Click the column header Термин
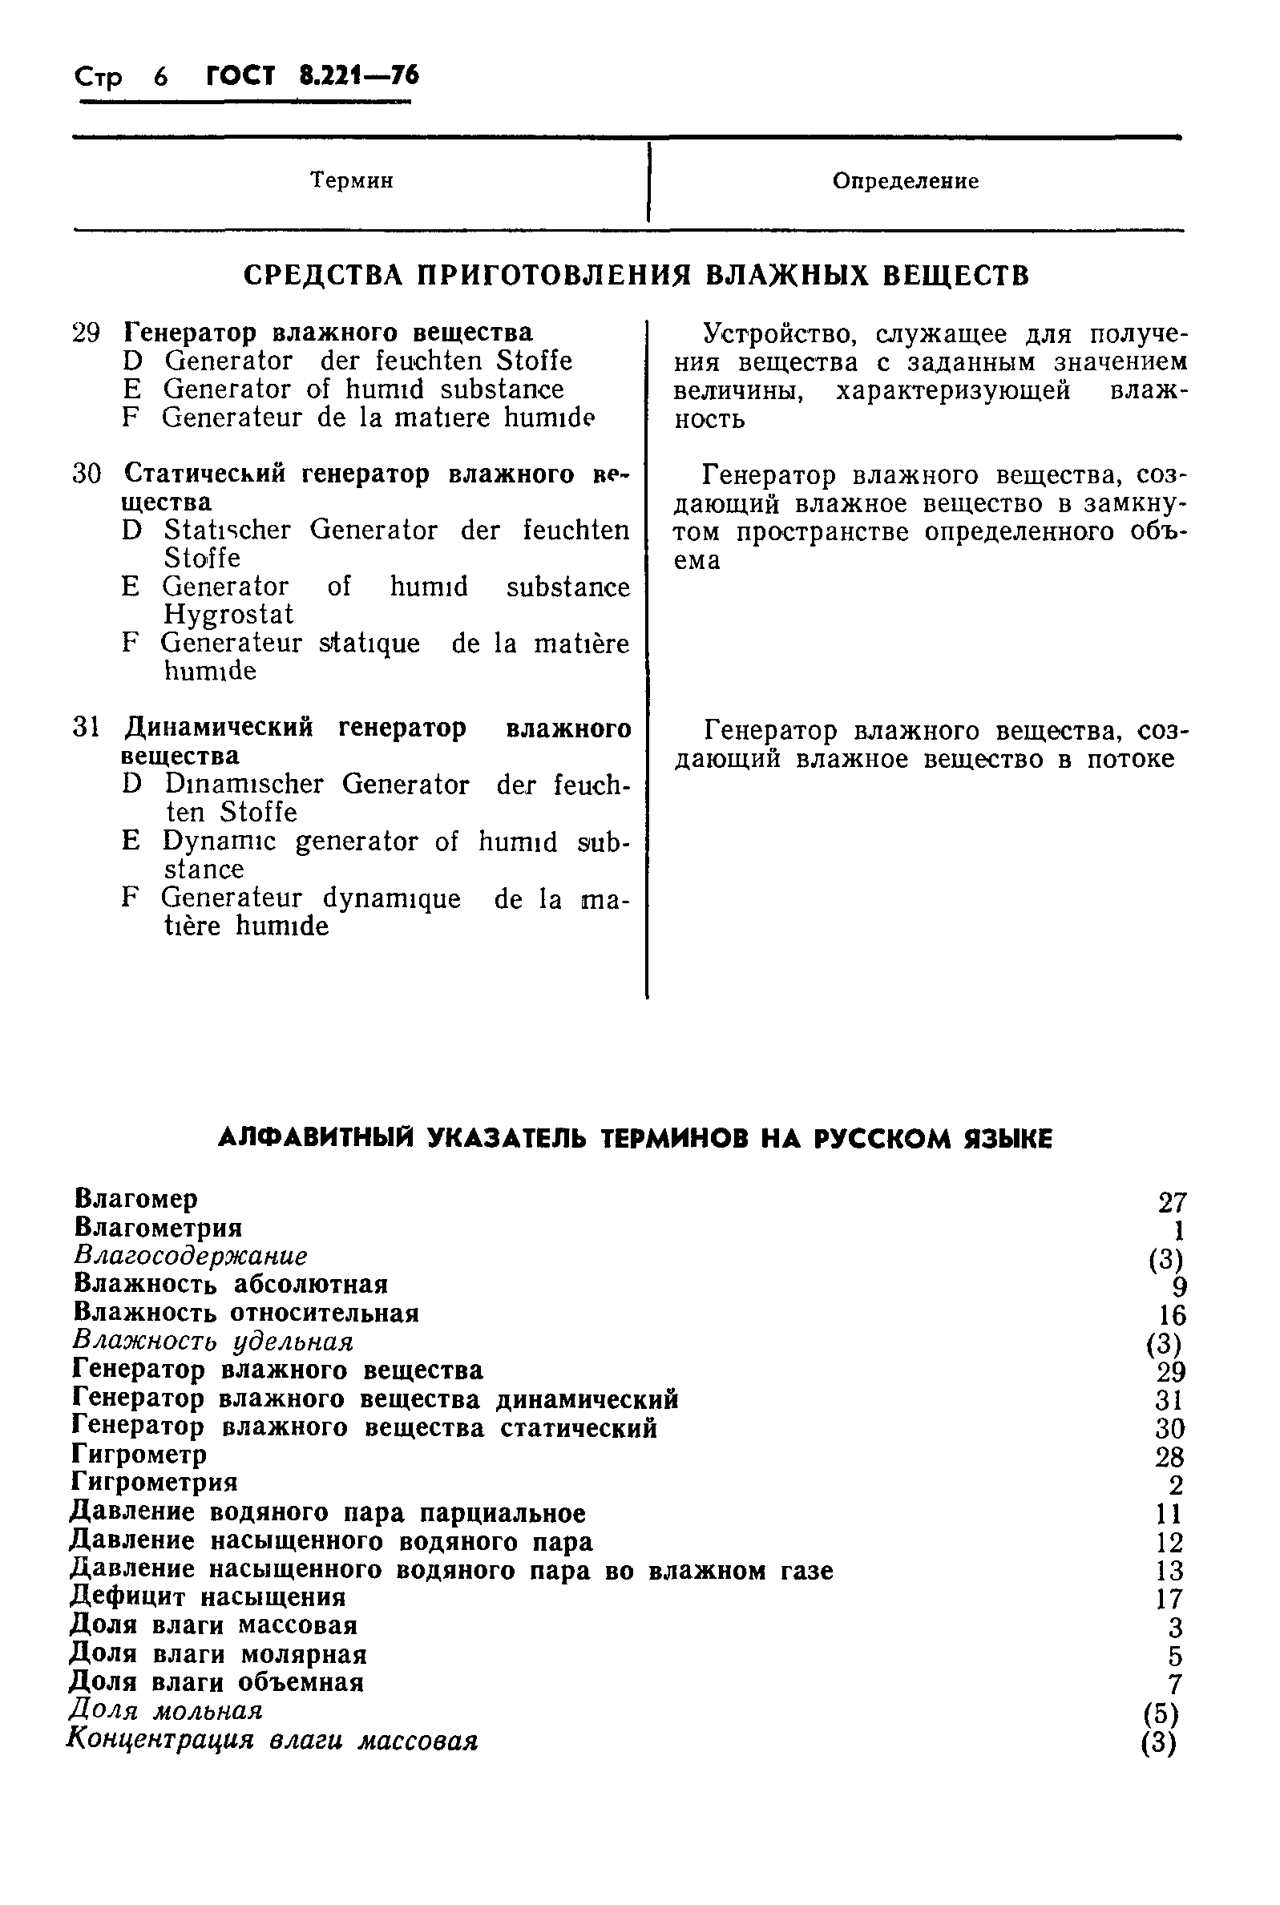[352, 180]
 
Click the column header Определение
[906, 181]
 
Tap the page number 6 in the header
[161, 77]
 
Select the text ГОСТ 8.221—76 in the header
[313, 76]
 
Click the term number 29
[87, 333]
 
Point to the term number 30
[87, 474]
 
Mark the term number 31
[87, 727]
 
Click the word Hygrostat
[228, 614]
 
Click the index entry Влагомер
[135, 1199]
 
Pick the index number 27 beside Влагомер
[1172, 1202]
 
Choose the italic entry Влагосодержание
[190, 1255]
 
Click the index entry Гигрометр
[139, 1454]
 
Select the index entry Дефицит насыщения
[208, 1596]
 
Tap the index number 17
[1170, 1599]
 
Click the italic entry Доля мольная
[166, 1710]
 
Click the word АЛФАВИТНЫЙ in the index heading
[317, 1138]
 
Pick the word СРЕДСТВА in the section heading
[324, 276]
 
